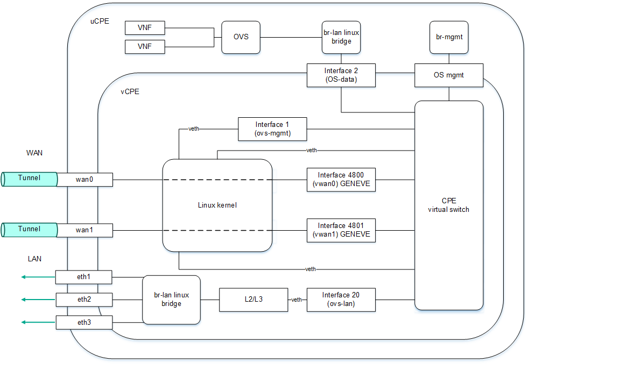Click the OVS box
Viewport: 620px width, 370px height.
(241, 37)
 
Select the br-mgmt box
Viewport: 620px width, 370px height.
(449, 37)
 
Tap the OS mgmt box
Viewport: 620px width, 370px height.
(449, 75)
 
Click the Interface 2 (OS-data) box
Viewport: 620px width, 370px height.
(341, 75)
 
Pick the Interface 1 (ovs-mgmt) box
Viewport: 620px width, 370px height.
(273, 129)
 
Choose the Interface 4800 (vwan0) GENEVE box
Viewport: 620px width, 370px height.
(341, 179)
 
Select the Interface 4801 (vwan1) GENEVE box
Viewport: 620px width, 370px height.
(341, 230)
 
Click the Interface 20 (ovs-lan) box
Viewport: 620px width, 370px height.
(341, 300)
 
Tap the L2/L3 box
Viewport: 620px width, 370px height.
(253, 300)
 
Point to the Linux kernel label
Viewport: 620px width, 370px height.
(217, 205)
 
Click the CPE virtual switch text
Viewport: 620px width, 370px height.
(449, 205)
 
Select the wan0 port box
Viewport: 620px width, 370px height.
(84, 179)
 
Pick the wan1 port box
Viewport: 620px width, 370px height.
(84, 230)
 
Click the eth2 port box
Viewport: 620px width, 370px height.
(84, 300)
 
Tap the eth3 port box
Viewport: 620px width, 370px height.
(84, 323)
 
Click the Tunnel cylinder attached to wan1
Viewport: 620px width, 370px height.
(30, 230)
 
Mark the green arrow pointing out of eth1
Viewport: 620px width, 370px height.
(38, 277)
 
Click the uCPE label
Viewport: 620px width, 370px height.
(100, 20)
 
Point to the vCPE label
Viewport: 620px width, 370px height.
(130, 91)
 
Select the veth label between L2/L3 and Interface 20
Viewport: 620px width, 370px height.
(297, 300)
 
